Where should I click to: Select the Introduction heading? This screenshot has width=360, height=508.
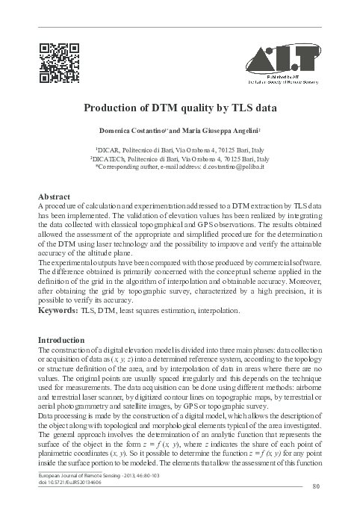point(63,340)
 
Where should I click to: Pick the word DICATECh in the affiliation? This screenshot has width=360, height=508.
point(108,158)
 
